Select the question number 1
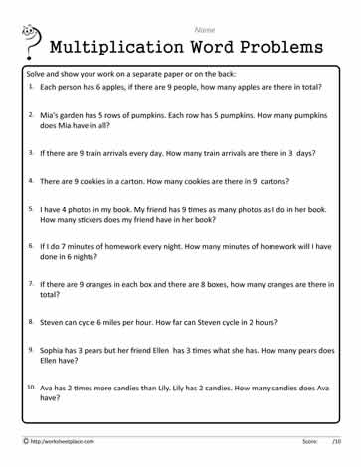click(x=31, y=86)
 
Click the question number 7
click(x=31, y=283)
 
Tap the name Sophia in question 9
click(x=55, y=350)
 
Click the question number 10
click(x=32, y=387)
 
